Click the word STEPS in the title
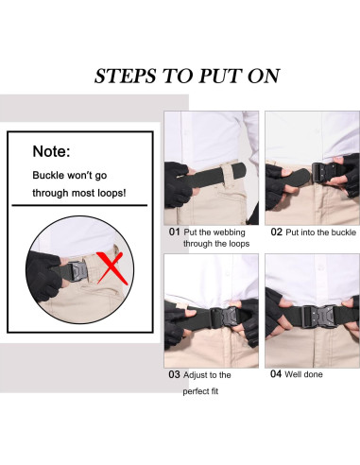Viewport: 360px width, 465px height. click(125, 76)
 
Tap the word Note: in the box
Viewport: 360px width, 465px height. click(51, 151)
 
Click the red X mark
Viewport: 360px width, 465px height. click(111, 267)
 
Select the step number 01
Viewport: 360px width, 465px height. click(174, 232)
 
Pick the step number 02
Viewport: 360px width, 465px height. click(276, 232)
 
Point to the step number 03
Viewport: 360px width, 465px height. click(174, 374)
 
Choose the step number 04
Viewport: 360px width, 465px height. click(276, 374)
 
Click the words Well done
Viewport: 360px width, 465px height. click(303, 374)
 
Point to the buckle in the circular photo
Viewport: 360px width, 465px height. click(77, 271)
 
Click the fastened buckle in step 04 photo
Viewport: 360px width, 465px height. click(320, 316)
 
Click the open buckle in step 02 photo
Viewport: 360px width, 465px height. click(322, 173)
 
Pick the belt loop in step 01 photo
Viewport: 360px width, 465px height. click(227, 177)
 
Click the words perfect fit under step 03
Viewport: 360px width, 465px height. click(200, 391)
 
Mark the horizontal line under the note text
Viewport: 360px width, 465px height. click(79, 205)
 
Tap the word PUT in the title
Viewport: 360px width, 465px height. click(217, 76)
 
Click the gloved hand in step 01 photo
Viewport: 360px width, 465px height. click(179, 183)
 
